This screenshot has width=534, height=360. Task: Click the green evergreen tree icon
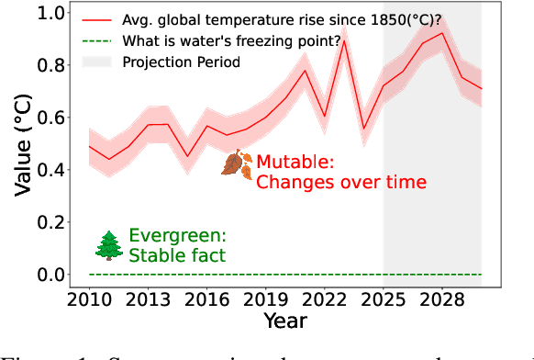109,244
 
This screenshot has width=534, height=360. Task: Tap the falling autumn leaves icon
237,164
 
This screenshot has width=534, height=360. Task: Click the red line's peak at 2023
344,41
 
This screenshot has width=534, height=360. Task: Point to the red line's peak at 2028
442,33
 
